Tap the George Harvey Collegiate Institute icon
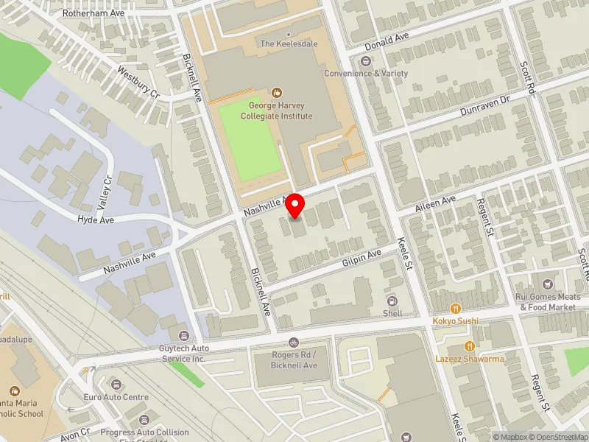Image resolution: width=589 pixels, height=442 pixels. [x=277, y=93]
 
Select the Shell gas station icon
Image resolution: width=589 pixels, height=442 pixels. [x=392, y=301]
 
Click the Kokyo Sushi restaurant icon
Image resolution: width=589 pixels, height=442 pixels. [x=456, y=308]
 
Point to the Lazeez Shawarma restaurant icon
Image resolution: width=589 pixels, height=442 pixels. [x=468, y=346]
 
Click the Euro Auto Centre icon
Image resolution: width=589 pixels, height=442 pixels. [x=116, y=384]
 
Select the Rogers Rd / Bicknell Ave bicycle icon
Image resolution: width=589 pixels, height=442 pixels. [x=294, y=343]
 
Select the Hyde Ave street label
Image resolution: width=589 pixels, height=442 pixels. [x=96, y=220]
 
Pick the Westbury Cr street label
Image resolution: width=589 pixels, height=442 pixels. [x=138, y=81]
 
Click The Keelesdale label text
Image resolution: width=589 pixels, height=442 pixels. [x=289, y=44]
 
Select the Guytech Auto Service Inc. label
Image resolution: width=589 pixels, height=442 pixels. [x=182, y=353]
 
